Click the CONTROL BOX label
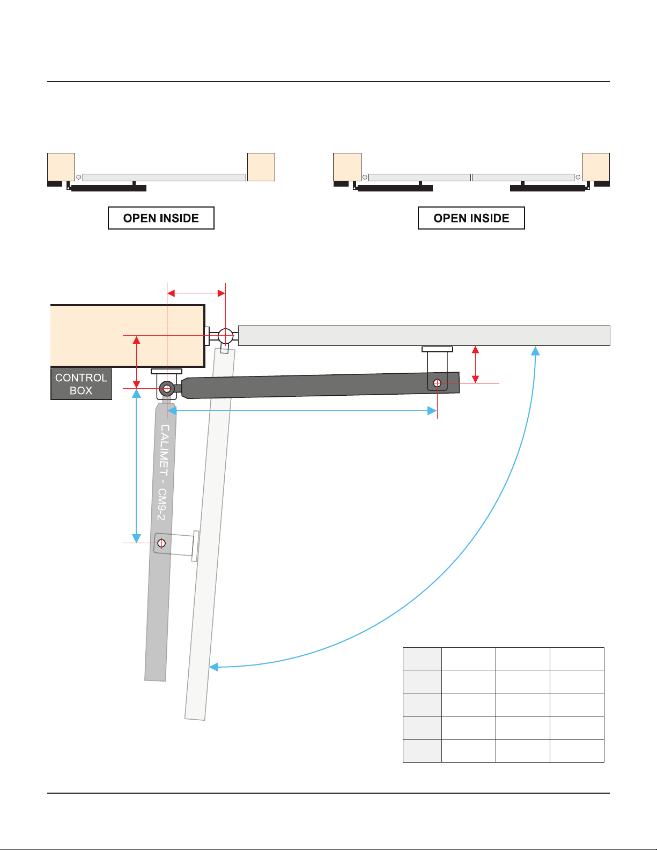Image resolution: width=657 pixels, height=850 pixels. click(82, 384)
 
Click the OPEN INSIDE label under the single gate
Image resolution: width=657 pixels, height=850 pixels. click(161, 218)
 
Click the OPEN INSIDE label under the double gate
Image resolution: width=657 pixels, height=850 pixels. click(471, 218)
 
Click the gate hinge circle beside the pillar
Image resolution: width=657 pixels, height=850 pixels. click(226, 336)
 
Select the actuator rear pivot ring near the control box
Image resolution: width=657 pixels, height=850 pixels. click(167, 389)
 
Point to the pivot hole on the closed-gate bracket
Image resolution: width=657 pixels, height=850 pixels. click(437, 383)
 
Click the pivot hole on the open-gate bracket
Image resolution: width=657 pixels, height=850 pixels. click(161, 543)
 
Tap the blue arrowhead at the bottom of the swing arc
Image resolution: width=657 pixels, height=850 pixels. click(213, 667)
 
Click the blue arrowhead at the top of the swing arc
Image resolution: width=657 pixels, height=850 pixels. click(535, 351)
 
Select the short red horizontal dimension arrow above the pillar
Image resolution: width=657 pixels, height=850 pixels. click(196, 293)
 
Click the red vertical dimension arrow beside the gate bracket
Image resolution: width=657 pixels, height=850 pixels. click(476, 365)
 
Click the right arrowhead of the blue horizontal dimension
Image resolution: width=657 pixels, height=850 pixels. click(432, 411)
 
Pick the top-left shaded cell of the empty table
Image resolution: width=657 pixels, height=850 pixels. click(423, 659)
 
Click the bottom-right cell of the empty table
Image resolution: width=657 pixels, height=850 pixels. click(577, 751)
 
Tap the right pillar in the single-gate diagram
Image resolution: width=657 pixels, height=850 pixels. click(261, 167)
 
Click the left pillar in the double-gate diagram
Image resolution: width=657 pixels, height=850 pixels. click(348, 167)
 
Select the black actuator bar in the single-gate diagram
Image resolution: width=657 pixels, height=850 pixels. click(109, 188)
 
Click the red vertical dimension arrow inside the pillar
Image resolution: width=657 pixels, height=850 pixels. click(136, 362)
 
